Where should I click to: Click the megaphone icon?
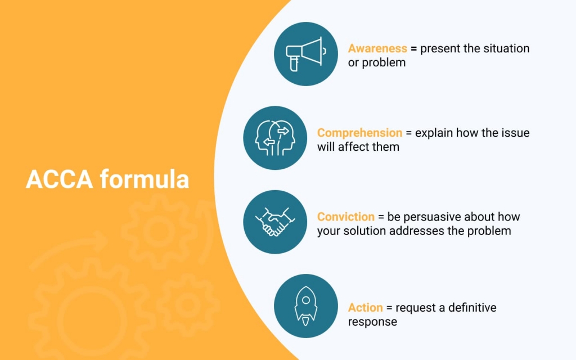tap(305, 54)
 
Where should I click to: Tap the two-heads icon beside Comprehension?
tap(275, 138)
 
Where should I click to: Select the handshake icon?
tap(275, 222)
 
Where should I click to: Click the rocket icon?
tap(305, 306)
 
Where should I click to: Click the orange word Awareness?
tap(377, 48)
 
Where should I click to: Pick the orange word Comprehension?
tap(359, 133)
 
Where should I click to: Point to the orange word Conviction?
tap(346, 217)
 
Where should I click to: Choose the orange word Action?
tap(365, 308)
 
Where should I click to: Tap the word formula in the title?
tap(145, 179)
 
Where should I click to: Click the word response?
tap(372, 322)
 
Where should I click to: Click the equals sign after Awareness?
tap(413, 49)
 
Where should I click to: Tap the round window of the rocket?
tap(305, 300)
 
